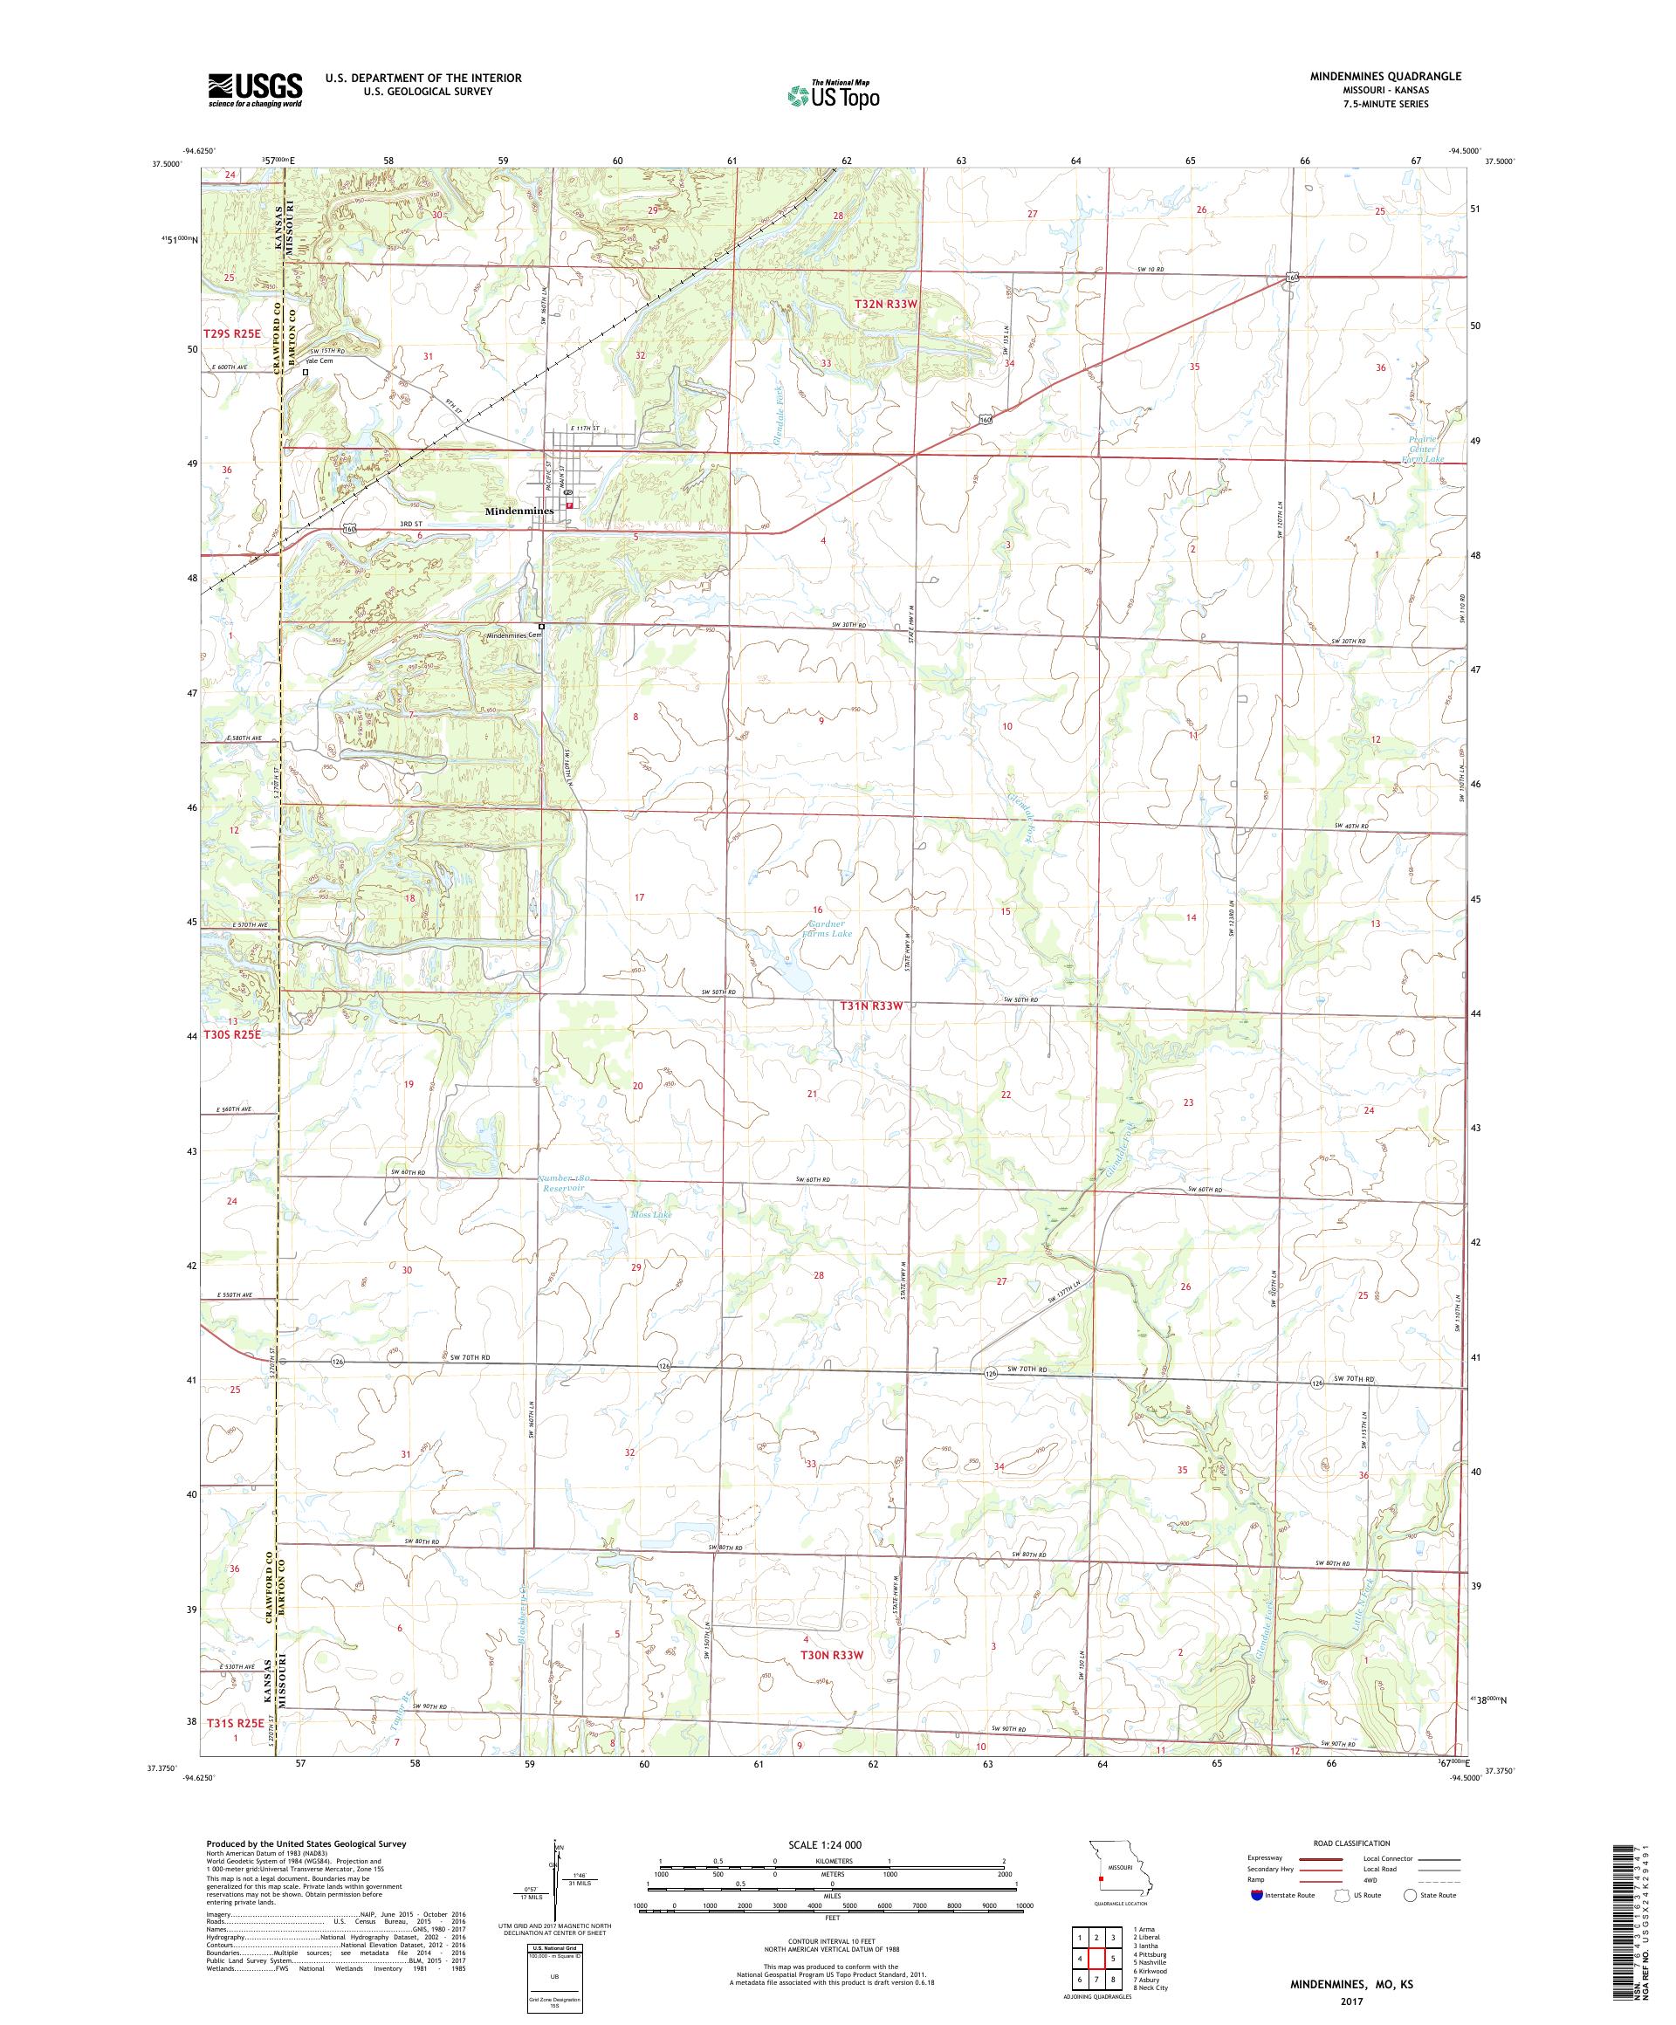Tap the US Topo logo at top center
[833, 94]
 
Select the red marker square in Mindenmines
[570, 505]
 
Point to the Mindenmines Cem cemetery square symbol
[542, 627]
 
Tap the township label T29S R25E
[231, 333]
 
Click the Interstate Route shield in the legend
[1255, 1895]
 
